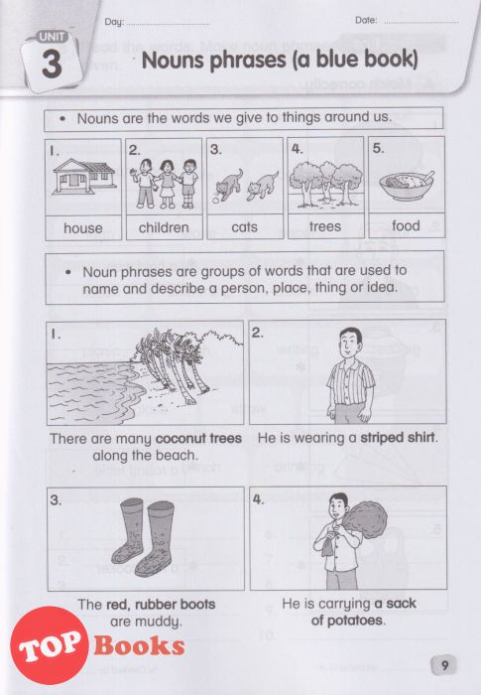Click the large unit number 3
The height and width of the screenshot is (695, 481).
click(52, 66)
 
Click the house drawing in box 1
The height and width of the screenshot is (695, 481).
click(83, 177)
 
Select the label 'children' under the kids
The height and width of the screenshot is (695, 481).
click(164, 227)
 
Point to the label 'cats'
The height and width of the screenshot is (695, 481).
click(245, 227)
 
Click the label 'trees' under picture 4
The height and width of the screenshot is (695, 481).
click(325, 227)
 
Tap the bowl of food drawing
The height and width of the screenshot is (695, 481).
click(407, 186)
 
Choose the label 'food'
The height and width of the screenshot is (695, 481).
click(406, 225)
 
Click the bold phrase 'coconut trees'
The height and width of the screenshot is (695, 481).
click(199, 439)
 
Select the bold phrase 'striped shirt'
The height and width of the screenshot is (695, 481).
click(398, 438)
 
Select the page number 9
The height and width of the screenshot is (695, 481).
click(444, 665)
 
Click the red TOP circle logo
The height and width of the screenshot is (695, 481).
click(49, 645)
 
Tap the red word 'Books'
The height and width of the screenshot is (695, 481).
click(139, 646)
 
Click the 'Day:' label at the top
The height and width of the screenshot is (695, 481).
click(114, 22)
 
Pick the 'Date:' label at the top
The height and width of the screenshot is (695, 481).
click(366, 20)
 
